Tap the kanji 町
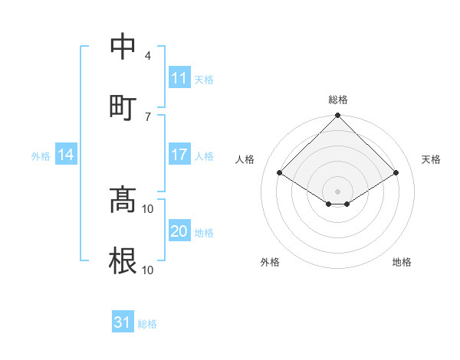(x=123, y=106)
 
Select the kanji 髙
(x=123, y=200)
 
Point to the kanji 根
(x=123, y=260)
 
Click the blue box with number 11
(x=179, y=78)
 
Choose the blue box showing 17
(x=179, y=155)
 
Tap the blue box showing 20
(x=179, y=232)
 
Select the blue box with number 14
(x=67, y=155)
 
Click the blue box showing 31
(x=123, y=322)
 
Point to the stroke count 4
(x=148, y=55)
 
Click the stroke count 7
(x=148, y=116)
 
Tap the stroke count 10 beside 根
(x=148, y=270)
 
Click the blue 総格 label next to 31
(x=147, y=324)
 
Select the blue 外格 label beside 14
(x=41, y=156)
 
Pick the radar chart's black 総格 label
(x=337, y=100)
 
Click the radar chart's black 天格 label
(x=431, y=159)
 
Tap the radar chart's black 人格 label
(x=245, y=159)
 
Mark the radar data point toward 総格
(x=337, y=116)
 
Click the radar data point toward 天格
(x=396, y=173)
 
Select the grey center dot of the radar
(x=337, y=191)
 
